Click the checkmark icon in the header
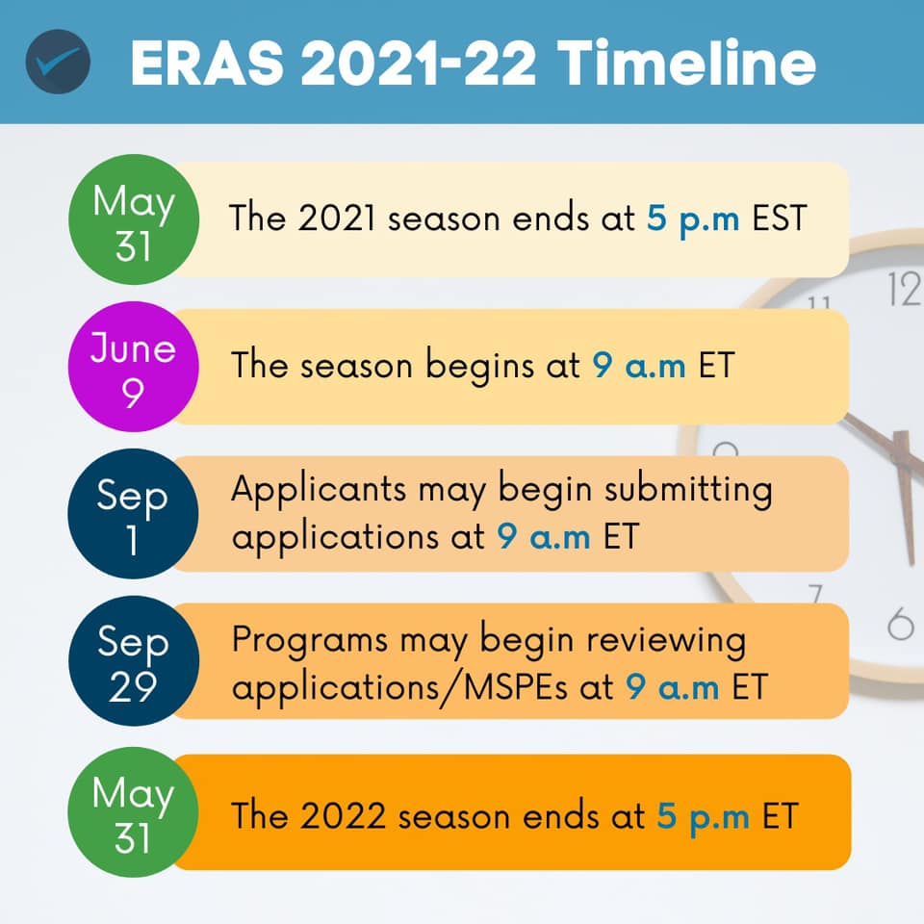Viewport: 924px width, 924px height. pos(58,62)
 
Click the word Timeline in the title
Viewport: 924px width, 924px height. pos(686,63)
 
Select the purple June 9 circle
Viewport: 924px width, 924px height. pos(133,367)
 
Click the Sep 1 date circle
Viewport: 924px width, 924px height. pos(133,513)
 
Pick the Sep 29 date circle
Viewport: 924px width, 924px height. pos(133,660)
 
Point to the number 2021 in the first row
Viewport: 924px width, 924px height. pos(336,218)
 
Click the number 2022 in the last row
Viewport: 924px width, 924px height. pos(343,816)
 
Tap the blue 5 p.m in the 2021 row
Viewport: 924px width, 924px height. pos(693,219)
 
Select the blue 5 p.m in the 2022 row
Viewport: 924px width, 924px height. pos(703,818)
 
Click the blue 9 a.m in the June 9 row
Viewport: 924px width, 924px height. pos(639,366)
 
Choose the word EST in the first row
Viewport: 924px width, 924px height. pos(780,218)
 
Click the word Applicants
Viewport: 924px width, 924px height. pos(319,491)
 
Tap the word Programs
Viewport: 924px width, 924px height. pos(309,641)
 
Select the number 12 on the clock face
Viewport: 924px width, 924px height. pos(905,290)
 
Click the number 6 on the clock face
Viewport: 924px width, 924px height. pos(901,624)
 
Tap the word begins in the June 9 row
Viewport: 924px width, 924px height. pos(479,367)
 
